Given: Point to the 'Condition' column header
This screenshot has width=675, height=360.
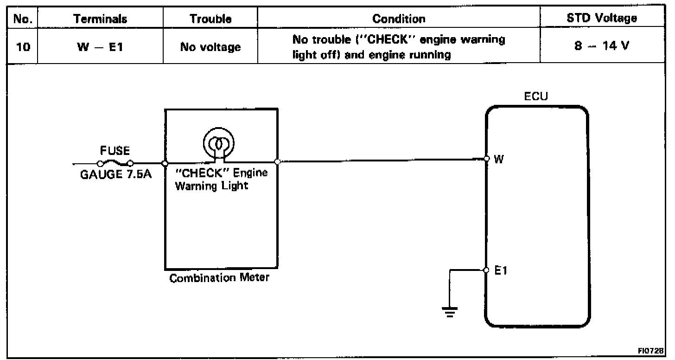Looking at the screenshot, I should [x=399, y=19].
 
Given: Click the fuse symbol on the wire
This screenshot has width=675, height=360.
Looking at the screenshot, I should [x=115, y=162].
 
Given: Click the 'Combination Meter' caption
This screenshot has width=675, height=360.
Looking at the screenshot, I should [x=219, y=279].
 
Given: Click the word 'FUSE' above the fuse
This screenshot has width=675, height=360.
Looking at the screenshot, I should [x=115, y=151].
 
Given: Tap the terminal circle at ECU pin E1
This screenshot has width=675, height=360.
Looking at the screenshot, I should [x=486, y=270].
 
